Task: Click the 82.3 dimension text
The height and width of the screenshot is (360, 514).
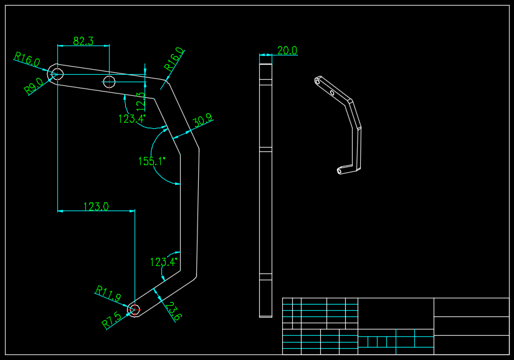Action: (x=83, y=41)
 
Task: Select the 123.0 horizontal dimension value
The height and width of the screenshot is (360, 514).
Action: (x=96, y=206)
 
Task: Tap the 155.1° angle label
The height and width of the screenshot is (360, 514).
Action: (x=152, y=161)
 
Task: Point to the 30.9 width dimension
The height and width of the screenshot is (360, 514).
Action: (x=202, y=121)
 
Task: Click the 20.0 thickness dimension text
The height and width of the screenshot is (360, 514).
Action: (x=287, y=50)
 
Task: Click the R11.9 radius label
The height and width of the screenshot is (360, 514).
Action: (x=108, y=293)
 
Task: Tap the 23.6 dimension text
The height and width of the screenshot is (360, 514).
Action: (x=174, y=311)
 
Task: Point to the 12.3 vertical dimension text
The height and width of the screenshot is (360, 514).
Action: (x=141, y=102)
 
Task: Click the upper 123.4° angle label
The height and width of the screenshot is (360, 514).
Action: (x=132, y=118)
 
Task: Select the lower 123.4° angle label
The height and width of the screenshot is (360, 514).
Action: (x=164, y=262)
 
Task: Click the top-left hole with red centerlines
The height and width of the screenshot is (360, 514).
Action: (x=57, y=73)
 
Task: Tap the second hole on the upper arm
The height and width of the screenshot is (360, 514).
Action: (x=109, y=81)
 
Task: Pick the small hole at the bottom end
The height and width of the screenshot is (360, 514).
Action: (x=134, y=309)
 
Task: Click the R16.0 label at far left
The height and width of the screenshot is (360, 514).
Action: (x=27, y=60)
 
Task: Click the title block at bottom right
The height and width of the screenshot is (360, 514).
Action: (x=396, y=326)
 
